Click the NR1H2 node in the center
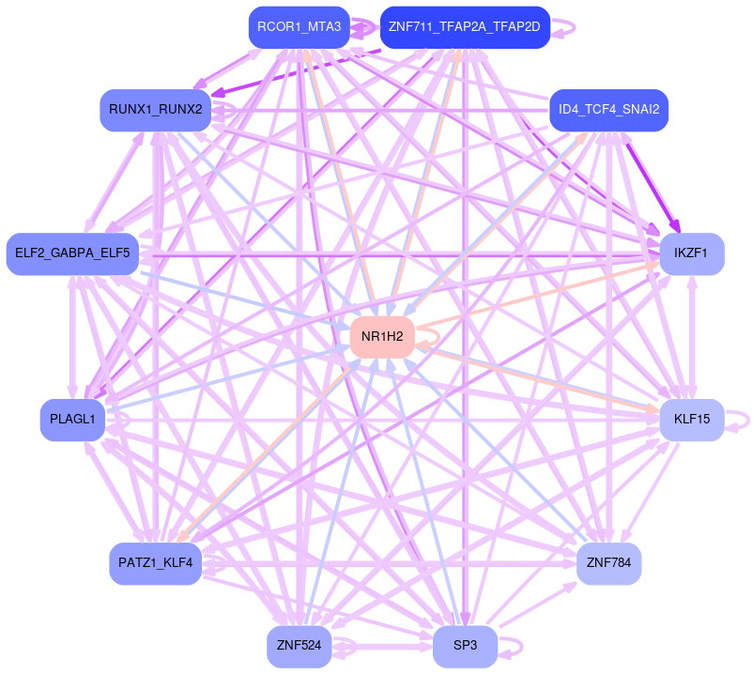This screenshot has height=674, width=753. pos(382,337)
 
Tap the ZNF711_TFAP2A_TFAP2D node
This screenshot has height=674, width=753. pos(464,27)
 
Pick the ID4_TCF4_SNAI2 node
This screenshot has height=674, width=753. pos(608,110)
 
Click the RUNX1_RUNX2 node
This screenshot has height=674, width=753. pos(155,110)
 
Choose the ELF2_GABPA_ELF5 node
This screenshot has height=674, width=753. pos(72,254)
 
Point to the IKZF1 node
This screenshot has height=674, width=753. pos(691,254)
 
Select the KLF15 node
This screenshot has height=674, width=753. pos(691,420)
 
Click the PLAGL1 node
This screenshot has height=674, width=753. pos(71,420)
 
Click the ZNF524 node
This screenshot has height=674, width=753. pos(299,647)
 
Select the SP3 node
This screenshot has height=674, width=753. pos(465,647)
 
